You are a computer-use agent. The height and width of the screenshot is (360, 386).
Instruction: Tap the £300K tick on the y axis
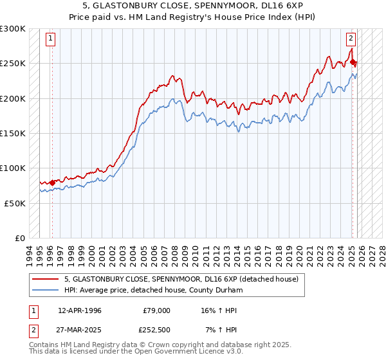pyautogui.click(x=13, y=29)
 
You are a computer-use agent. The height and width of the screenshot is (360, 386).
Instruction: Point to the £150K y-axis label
pyautogui.click(x=13, y=133)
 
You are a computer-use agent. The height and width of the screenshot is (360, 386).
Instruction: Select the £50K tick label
pyautogui.click(x=15, y=203)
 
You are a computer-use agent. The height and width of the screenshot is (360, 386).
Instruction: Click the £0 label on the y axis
pyautogui.click(x=20, y=238)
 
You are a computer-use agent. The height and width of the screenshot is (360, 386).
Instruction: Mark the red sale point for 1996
pyautogui.click(x=52, y=183)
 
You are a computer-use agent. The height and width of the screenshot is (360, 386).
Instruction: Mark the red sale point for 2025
pyautogui.click(x=353, y=62)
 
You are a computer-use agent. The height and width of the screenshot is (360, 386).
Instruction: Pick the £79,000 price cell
pyautogui.click(x=156, y=310)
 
